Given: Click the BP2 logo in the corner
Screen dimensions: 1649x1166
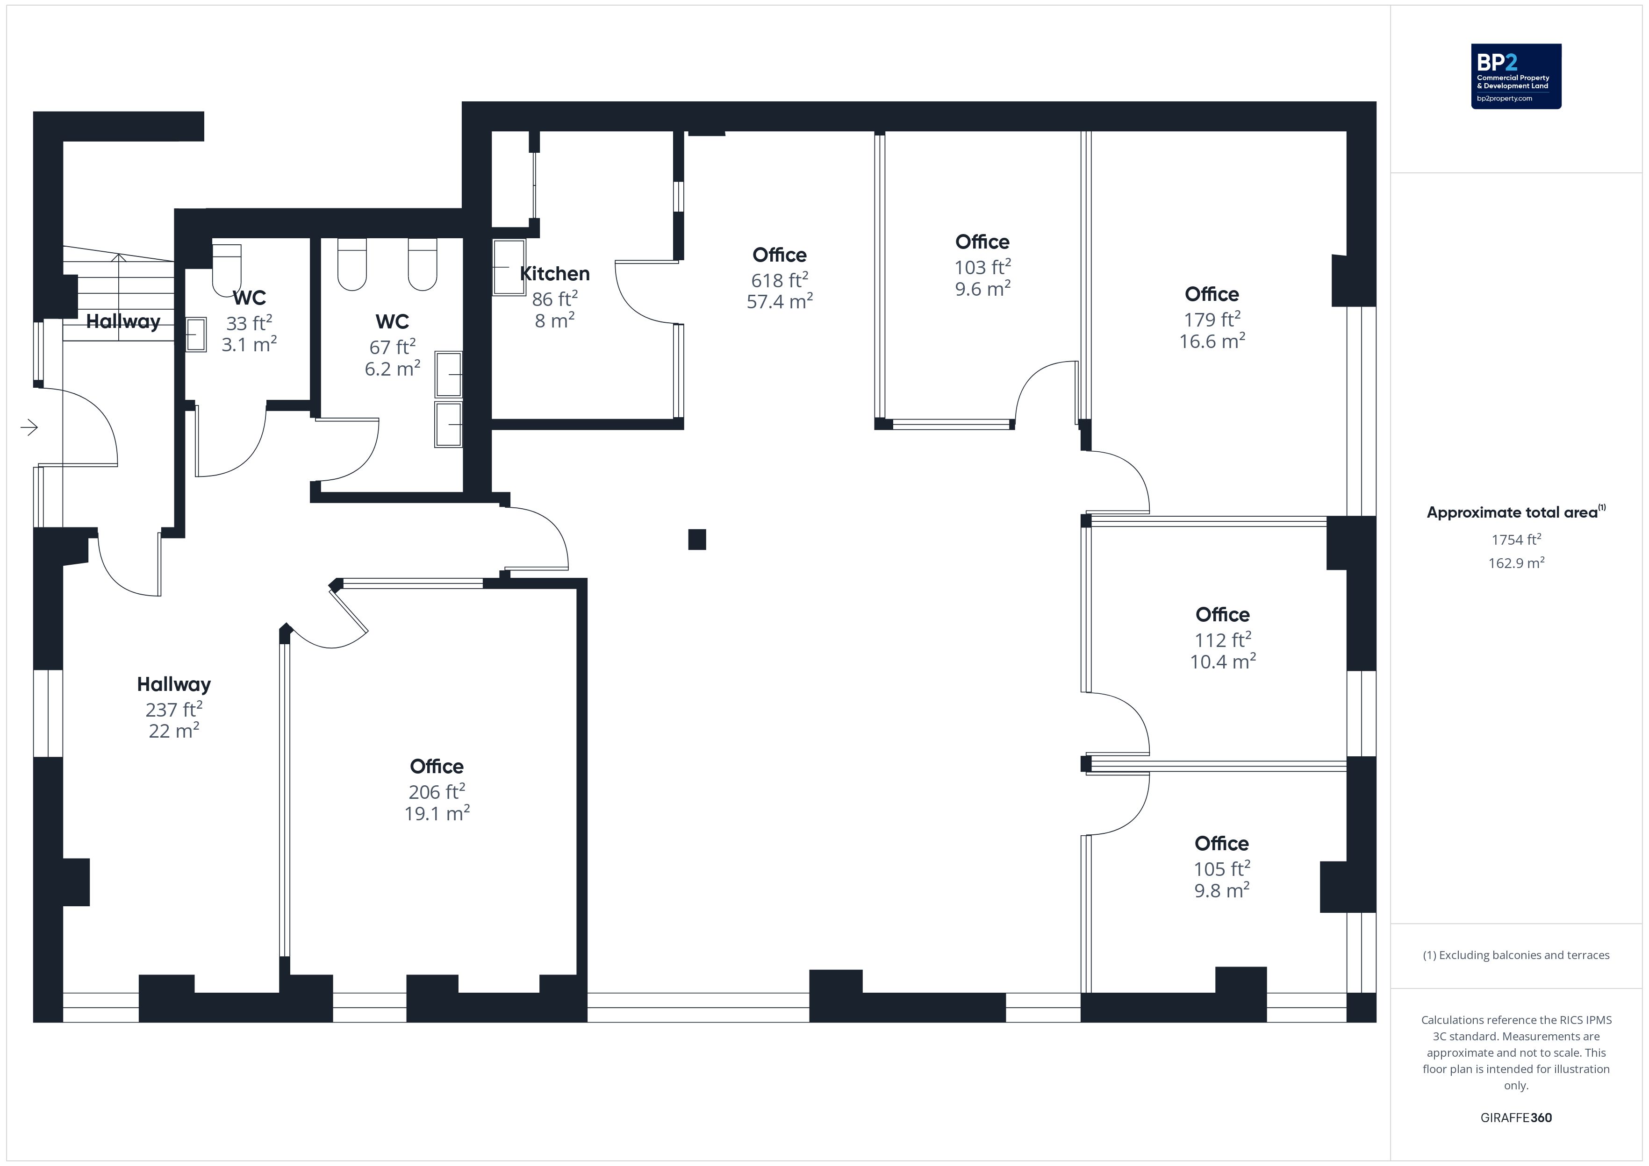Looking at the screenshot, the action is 1516,76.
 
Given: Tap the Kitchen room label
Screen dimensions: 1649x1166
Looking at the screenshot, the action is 554,274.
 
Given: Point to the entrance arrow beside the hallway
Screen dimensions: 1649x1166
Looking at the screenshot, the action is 29,428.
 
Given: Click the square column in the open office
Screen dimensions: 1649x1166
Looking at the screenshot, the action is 696,539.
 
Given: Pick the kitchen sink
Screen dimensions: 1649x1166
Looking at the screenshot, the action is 509,267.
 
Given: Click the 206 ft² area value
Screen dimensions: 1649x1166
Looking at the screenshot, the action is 437,791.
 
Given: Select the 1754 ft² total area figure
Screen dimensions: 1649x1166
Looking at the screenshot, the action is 1516,539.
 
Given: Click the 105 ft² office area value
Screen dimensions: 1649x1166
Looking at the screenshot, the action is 1222,869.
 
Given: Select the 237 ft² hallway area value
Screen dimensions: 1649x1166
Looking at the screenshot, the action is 174,710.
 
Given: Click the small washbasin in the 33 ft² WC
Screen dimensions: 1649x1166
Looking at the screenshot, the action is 196,334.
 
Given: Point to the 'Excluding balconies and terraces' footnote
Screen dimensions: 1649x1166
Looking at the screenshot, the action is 1516,955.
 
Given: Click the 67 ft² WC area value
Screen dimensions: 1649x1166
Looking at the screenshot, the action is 392,347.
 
